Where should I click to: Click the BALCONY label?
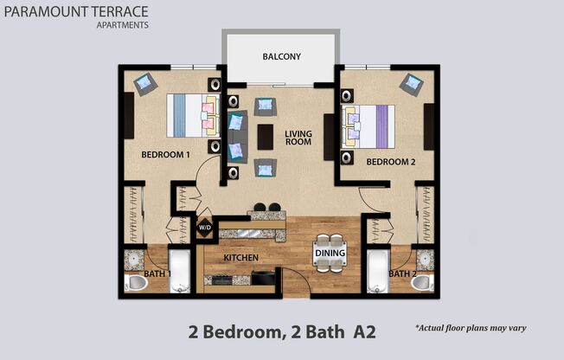click(281, 57)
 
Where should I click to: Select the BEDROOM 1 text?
click(165, 155)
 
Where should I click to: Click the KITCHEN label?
click(241, 258)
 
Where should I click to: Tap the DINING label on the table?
click(330, 253)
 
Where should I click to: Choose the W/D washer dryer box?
click(205, 228)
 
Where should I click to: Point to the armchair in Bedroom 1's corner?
click(145, 84)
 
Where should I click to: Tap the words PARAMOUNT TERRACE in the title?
click(74, 12)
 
